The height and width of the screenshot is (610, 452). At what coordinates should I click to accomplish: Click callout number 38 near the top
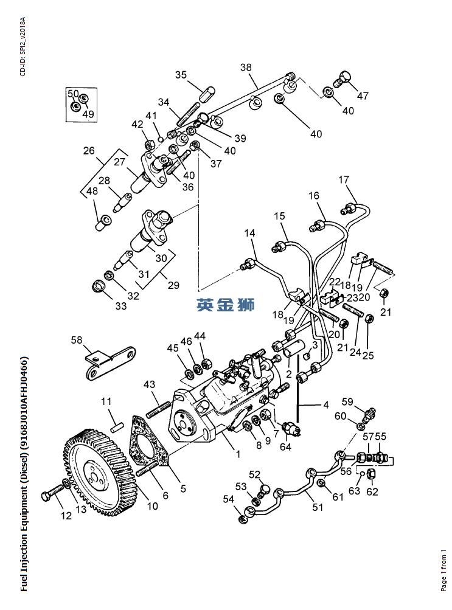click(x=245, y=68)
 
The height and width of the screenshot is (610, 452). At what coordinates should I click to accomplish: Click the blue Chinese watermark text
click(x=225, y=305)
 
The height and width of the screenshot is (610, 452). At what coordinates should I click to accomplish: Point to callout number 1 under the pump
click(x=238, y=454)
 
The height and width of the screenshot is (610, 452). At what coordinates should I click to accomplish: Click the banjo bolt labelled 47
click(x=343, y=78)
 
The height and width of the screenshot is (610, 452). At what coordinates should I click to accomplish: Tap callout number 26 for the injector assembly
click(x=89, y=150)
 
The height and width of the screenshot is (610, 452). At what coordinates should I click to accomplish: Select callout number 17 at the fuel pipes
click(x=344, y=179)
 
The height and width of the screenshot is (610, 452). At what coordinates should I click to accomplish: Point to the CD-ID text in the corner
click(x=23, y=46)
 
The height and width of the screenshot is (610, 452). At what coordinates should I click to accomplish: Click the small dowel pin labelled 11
click(x=114, y=420)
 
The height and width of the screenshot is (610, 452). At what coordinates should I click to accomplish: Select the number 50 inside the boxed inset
click(x=73, y=94)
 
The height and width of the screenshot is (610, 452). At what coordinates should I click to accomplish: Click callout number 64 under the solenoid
click(x=285, y=446)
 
